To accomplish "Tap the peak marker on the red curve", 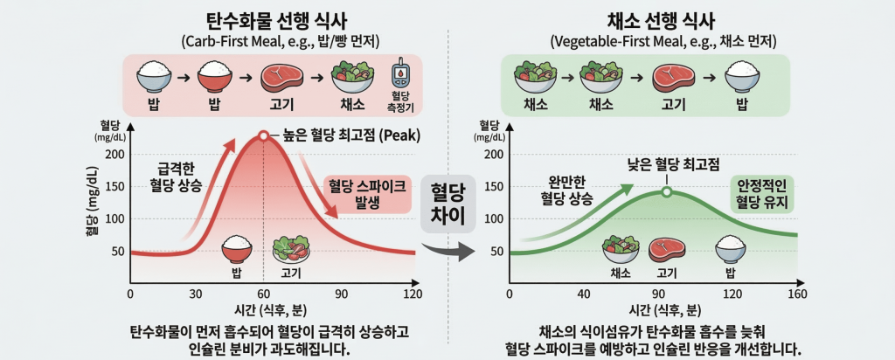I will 263,136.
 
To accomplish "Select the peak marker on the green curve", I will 666,192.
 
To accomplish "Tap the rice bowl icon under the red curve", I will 236,250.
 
